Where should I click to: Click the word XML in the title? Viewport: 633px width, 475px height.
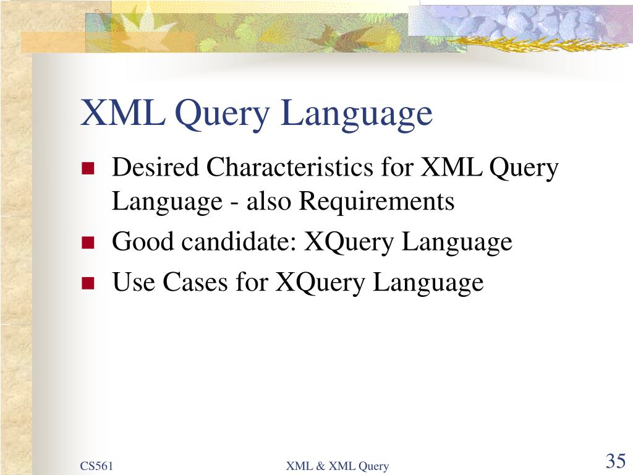click(123, 113)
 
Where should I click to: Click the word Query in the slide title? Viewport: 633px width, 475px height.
click(223, 116)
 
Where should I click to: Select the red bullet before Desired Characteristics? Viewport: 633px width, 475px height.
click(88, 168)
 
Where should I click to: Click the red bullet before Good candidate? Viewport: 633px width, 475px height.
click(88, 242)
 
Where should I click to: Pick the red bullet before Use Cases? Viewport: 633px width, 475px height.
click(88, 283)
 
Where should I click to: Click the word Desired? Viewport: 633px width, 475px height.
click(155, 167)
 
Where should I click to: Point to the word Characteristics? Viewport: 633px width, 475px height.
click(290, 167)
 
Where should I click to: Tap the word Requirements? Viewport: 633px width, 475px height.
click(376, 201)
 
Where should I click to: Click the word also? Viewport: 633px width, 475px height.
click(268, 201)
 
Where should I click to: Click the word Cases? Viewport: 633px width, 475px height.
click(195, 282)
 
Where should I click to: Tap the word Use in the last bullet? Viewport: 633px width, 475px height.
click(134, 282)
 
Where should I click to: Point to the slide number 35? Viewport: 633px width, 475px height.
click(616, 461)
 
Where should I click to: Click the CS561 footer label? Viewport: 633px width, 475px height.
click(96, 466)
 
